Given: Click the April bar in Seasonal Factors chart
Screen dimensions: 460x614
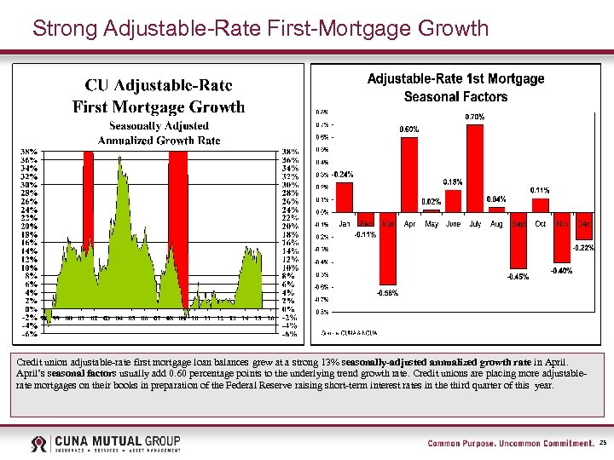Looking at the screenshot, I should [409, 175].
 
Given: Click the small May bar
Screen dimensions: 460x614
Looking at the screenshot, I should [432, 210].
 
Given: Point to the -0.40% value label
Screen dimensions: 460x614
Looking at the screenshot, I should [562, 271].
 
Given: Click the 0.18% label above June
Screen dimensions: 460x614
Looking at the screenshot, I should [453, 181].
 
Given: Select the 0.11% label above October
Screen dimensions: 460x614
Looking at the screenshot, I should [540, 189].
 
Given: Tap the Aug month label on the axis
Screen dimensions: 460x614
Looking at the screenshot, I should [496, 224].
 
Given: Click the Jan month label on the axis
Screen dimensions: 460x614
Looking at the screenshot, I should [345, 224].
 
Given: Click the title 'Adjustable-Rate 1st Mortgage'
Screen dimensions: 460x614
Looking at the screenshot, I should [455, 78].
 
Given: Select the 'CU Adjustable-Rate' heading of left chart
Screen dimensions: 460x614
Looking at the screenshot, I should [159, 86].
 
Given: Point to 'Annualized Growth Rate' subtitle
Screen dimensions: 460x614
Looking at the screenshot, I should [159, 140].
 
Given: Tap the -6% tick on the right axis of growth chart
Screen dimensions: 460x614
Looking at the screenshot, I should [291, 334].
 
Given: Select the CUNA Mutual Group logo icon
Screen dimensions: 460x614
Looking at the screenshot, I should [39, 444].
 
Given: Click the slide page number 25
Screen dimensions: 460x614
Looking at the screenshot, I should [603, 443].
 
